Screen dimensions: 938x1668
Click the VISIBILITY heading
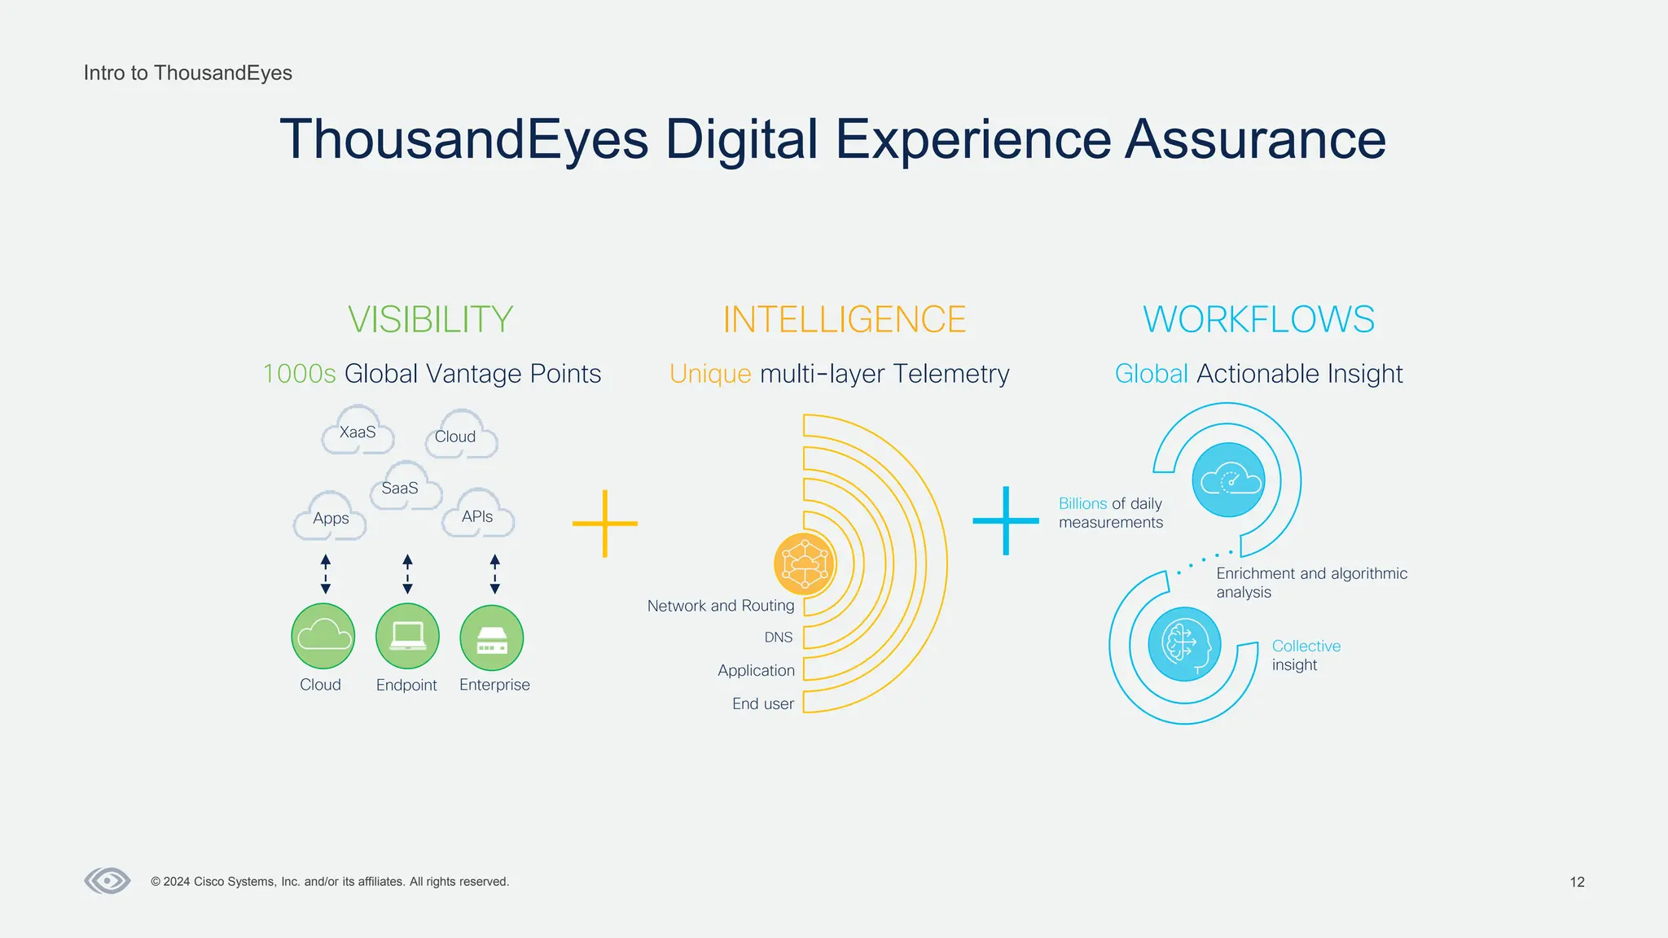[430, 319]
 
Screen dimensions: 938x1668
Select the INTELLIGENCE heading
[844, 319]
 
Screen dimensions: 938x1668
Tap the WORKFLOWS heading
[1258, 319]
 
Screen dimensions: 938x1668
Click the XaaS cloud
[358, 432]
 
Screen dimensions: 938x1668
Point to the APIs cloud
[478, 515]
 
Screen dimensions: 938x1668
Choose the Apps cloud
[330, 517]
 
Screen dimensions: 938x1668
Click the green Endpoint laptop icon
[407, 636]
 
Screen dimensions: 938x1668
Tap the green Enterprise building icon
[492, 638]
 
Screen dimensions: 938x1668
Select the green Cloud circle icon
[323, 636]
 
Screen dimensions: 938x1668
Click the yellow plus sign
[604, 524]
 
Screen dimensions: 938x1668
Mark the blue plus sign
[1006, 520]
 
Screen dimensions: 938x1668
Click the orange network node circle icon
[804, 563]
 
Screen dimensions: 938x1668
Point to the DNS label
[778, 638]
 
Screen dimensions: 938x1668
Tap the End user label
[762, 703]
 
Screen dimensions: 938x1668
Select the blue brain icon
[1184, 644]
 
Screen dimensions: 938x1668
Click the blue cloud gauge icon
[1228, 480]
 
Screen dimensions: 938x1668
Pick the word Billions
[1082, 503]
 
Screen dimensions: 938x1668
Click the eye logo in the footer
[108, 880]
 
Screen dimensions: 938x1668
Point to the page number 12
[1577, 882]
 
